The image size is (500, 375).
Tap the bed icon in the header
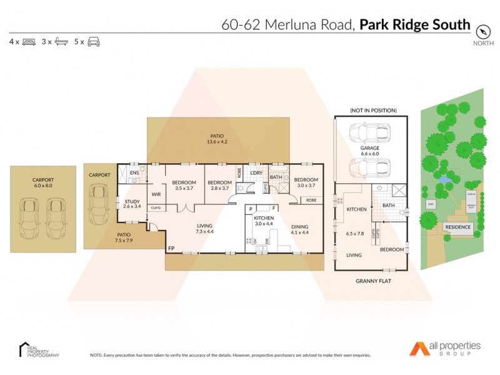coord(28,42)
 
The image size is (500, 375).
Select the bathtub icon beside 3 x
coord(61,42)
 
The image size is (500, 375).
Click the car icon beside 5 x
coord(94,42)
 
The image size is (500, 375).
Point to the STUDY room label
coord(131,201)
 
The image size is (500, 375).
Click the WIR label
coord(156,194)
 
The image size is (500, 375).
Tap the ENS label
coord(134,173)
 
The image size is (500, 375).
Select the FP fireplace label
coord(171,248)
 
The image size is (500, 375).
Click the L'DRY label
coord(256,172)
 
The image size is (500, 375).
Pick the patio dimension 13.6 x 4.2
coord(217,142)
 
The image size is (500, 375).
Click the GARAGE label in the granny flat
coord(371,147)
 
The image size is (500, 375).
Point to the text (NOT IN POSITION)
coord(374,111)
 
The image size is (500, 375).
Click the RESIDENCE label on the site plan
coord(457,227)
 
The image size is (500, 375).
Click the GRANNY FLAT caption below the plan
coord(374,281)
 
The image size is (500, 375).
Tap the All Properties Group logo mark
coord(418,347)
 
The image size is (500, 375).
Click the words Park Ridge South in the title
coord(415,25)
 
